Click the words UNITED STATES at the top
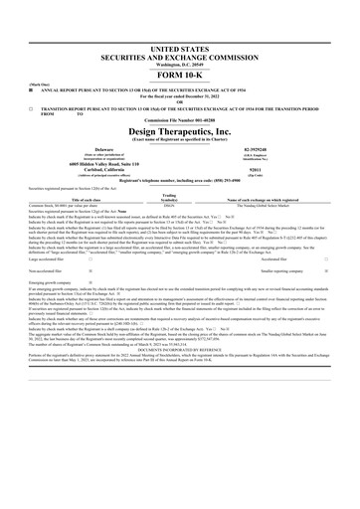[x=179, y=47]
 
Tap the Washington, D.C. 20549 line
[x=179, y=64]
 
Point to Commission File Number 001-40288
[x=179, y=122]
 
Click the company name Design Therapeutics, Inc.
[x=179, y=133]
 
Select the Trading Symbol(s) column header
[x=169, y=197]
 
